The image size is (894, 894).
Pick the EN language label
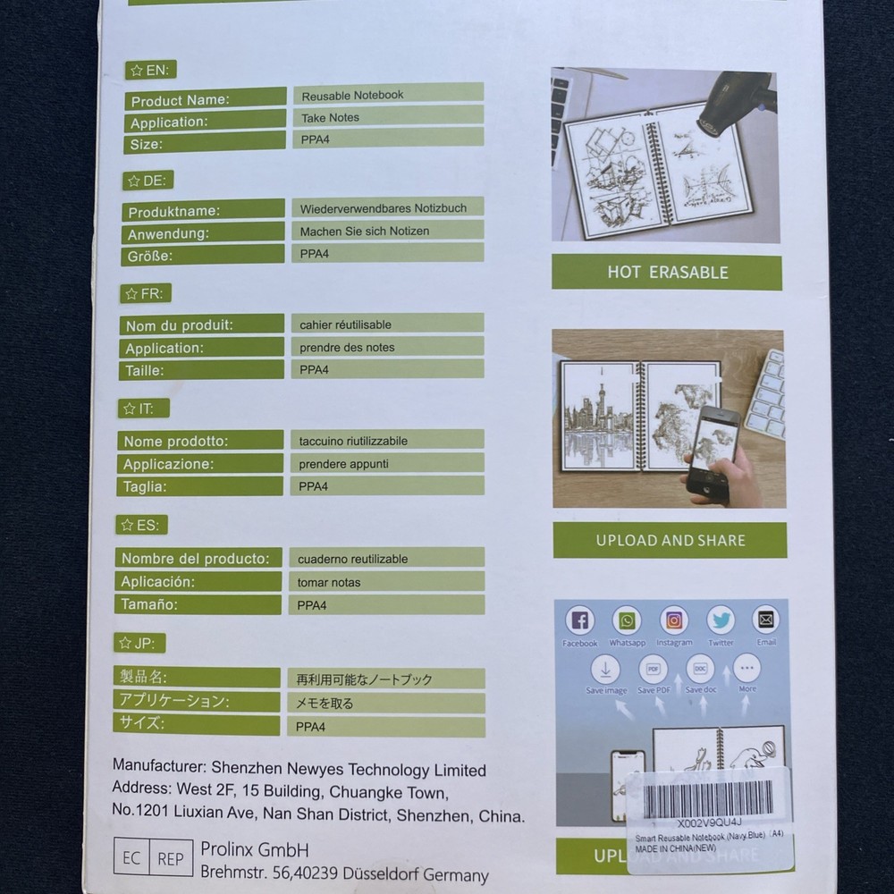tap(149, 70)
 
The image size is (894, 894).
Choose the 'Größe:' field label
tap(151, 256)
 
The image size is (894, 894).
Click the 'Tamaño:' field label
tap(149, 604)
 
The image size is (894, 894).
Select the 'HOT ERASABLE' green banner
tap(667, 273)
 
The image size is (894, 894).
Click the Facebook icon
tap(579, 620)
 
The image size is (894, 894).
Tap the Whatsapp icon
tap(627, 620)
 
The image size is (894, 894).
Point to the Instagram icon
tap(674, 620)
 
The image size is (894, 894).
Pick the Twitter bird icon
tap(721, 620)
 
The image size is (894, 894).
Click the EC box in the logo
tap(131, 858)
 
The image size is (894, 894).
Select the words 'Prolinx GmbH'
tap(254, 850)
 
